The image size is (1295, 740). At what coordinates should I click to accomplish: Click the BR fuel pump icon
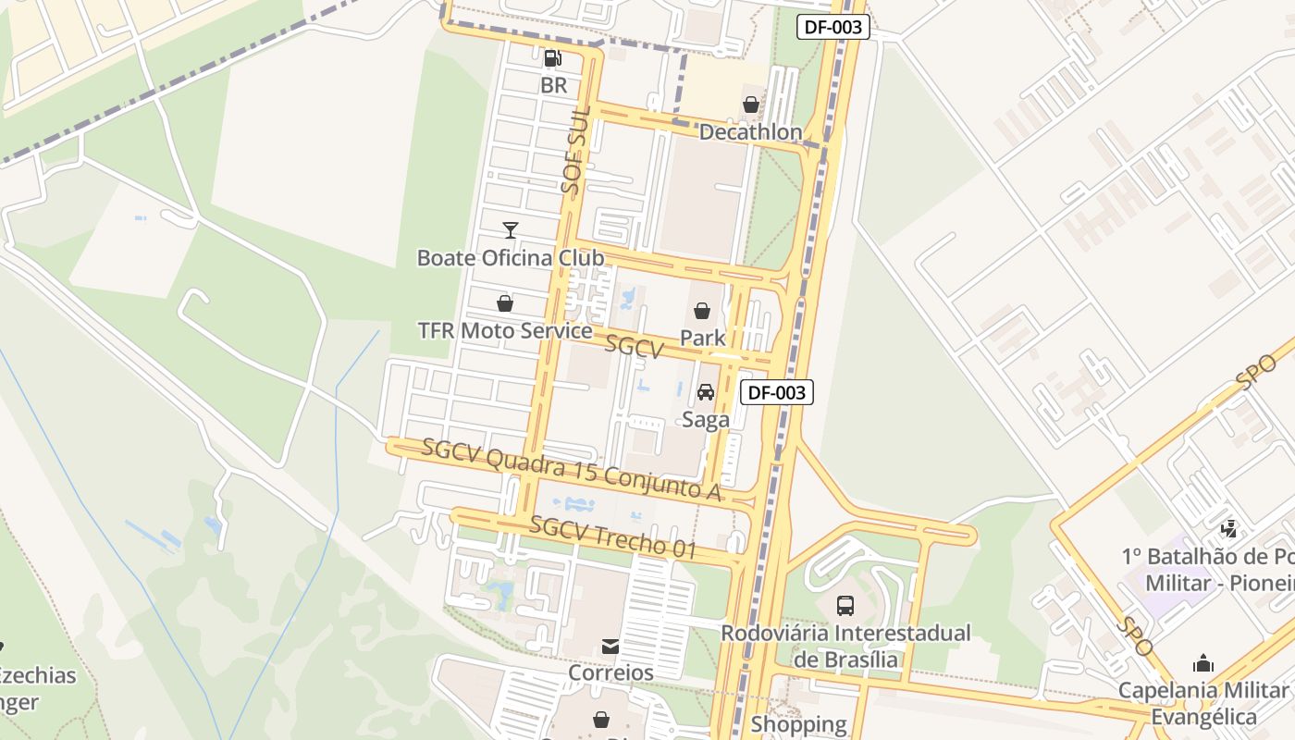coord(553,58)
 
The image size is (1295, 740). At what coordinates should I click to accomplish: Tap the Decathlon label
coord(750,132)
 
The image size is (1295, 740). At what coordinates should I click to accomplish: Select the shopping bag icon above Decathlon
coord(751,105)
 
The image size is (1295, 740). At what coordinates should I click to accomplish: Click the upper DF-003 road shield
coord(833,27)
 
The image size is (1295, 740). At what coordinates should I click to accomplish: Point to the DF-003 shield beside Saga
coord(777,392)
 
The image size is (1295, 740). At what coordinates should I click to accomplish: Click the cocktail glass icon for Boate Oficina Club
coord(510,230)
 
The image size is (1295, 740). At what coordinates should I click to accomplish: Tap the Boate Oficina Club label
coord(511,257)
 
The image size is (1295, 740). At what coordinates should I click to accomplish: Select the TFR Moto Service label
coord(505,330)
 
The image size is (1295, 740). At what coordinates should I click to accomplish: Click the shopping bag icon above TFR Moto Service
coord(505,303)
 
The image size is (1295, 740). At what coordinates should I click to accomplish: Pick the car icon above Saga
coord(706,392)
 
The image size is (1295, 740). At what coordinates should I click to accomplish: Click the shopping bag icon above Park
coord(702,311)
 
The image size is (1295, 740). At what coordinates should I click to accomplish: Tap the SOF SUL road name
coord(575,149)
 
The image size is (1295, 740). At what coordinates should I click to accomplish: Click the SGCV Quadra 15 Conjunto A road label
coord(571,471)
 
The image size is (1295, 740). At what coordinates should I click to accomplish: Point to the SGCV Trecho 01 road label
coord(613,537)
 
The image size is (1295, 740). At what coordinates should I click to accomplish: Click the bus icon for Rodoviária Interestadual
coord(845,606)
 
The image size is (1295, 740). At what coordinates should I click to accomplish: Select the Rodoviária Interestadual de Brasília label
coord(845,646)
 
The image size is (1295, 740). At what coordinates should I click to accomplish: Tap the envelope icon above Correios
coord(610,646)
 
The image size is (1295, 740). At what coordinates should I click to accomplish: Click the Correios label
coord(610,672)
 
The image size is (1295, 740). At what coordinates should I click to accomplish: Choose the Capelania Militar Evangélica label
coord(1202,703)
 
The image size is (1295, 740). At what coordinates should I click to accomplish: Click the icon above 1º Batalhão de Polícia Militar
coord(1229,529)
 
